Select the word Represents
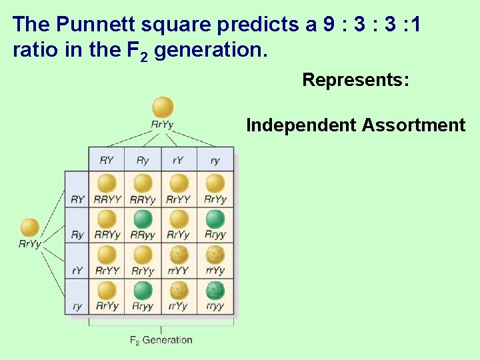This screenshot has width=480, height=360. tap(355, 80)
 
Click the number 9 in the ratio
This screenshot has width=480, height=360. tap(329, 25)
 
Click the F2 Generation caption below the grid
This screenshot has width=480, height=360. tap(161, 340)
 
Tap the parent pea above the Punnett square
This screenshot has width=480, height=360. tap(163, 107)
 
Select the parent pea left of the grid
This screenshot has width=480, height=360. tap(30, 228)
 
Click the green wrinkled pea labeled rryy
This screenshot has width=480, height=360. tap(215, 291)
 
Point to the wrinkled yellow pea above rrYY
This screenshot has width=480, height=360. tap(179, 255)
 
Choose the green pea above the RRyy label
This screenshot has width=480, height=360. tap(143, 219)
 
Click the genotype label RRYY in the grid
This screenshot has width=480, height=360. tap(107, 199)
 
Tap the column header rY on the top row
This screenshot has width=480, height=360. tap(179, 161)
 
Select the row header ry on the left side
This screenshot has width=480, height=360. tap(77, 307)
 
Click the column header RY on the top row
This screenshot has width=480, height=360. tap(107, 161)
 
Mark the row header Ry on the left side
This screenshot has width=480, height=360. tap(77, 235)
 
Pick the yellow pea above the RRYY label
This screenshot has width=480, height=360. tap(107, 183)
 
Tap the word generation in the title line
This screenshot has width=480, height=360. tap(210, 51)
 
